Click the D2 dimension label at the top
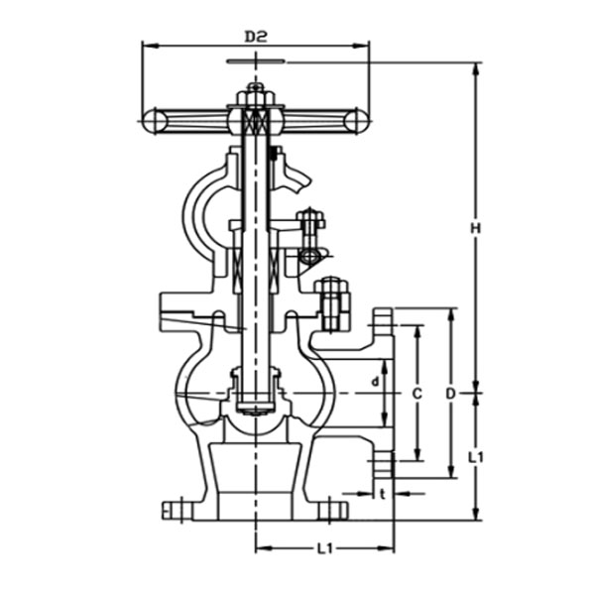point(257,37)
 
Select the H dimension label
point(476,229)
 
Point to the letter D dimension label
point(450,394)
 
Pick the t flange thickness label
point(382,493)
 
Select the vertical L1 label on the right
point(476,457)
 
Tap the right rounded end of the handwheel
point(349,120)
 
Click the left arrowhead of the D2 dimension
point(147,45)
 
